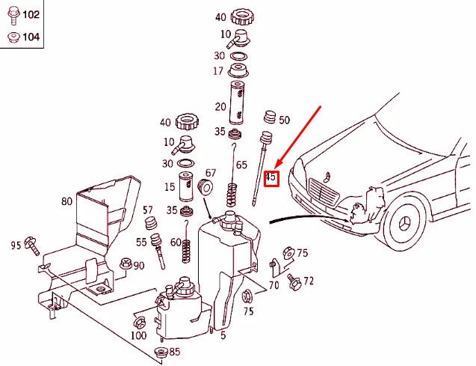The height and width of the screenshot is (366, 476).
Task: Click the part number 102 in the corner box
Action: (x=30, y=14)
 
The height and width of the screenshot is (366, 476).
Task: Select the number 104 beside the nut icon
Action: (x=30, y=37)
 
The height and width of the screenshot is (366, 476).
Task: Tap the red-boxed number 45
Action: (x=271, y=178)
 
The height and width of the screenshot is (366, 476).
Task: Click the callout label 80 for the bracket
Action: (x=67, y=201)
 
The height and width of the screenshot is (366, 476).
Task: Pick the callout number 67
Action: (x=210, y=173)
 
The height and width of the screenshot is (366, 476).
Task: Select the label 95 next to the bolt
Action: (x=16, y=244)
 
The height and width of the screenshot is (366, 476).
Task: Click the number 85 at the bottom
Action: (x=174, y=351)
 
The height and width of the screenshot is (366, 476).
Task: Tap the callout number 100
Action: (x=138, y=335)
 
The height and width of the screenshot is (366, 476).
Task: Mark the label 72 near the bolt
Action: (x=309, y=281)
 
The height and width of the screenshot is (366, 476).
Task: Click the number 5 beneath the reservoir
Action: (x=223, y=335)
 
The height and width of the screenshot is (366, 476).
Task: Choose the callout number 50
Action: (x=284, y=120)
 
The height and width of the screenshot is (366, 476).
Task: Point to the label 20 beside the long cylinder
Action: (x=220, y=106)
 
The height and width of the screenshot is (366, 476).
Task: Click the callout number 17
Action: (x=218, y=72)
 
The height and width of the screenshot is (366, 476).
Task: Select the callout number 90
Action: (x=139, y=266)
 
